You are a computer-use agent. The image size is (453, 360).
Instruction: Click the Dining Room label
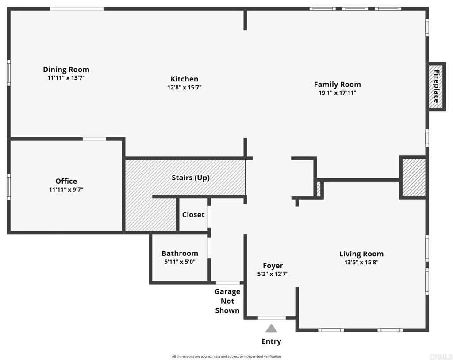[66, 70]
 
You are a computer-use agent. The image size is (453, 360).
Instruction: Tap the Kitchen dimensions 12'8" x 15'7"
[184, 88]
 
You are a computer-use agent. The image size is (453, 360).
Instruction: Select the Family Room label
[337, 84]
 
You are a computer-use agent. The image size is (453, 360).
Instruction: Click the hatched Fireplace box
[436, 86]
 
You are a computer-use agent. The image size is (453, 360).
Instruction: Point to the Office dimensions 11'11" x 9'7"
[66, 190]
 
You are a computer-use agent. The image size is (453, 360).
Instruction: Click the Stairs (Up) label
[190, 178]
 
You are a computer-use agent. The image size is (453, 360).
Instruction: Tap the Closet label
[193, 215]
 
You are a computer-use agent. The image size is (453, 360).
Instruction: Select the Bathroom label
[180, 253]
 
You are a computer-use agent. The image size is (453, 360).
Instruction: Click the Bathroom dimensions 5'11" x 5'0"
[180, 262]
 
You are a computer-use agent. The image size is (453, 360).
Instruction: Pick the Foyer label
[273, 266]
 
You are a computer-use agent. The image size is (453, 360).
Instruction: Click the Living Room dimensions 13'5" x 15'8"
[361, 262]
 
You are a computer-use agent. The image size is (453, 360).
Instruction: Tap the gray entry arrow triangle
[271, 329]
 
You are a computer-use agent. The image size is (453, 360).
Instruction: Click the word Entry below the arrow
[271, 341]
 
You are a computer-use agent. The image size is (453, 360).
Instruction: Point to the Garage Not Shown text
[227, 301]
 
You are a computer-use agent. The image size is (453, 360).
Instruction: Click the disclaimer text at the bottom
[226, 356]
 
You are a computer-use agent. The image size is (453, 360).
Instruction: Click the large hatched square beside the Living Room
[413, 177]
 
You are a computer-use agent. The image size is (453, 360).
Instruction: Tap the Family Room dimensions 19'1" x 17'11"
[337, 93]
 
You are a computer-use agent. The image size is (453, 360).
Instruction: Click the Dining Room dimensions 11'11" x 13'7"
[66, 78]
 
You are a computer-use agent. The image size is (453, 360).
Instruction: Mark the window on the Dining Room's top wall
[77, 8]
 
